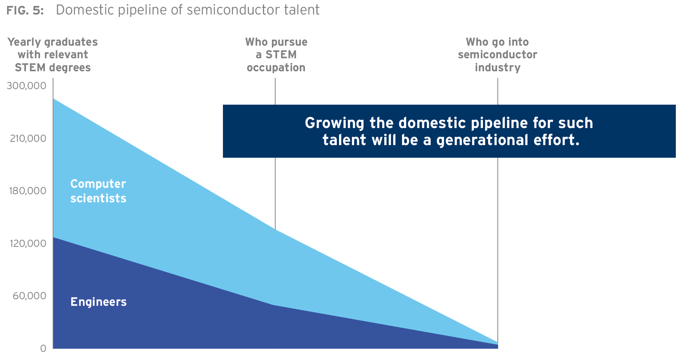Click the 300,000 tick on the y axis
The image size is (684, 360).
click(x=26, y=86)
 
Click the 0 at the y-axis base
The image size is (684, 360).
click(x=43, y=348)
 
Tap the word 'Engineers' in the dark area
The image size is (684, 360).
click(x=99, y=302)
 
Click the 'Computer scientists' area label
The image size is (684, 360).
click(x=98, y=191)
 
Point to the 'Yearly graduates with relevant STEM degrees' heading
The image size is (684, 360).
click(x=53, y=55)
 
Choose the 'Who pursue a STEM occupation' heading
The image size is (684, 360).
click(x=276, y=55)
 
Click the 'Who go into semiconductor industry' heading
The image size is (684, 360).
click(x=497, y=55)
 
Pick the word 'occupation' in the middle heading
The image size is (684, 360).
click(x=276, y=68)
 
